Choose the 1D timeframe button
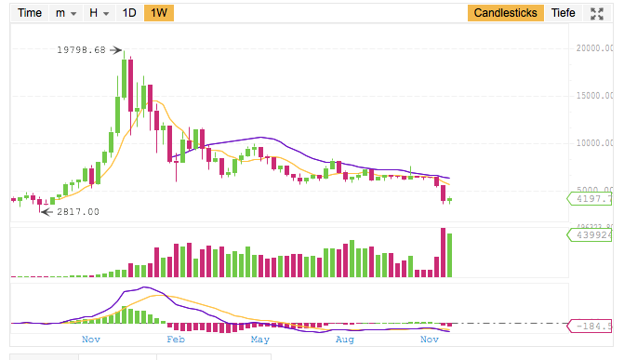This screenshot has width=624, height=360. pyautogui.click(x=129, y=13)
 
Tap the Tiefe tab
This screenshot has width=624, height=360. pyautogui.click(x=564, y=13)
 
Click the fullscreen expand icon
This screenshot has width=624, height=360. pyautogui.click(x=598, y=13)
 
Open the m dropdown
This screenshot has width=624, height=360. pyautogui.click(x=65, y=13)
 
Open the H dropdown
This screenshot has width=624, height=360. pyautogui.click(x=98, y=13)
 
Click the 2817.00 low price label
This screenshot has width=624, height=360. pyautogui.click(x=78, y=212)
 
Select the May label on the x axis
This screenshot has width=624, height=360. pyautogui.click(x=260, y=341)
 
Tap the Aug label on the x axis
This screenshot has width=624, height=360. pyautogui.click(x=345, y=341)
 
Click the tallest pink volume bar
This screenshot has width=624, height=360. pyautogui.click(x=441, y=252)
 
